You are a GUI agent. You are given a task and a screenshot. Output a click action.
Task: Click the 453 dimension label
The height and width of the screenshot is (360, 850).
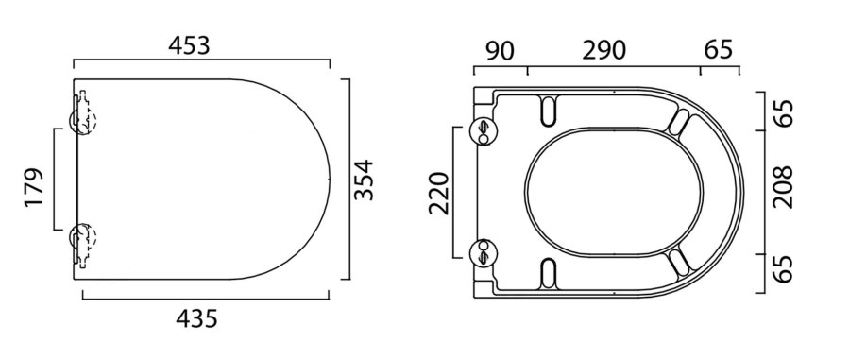(x=189, y=46)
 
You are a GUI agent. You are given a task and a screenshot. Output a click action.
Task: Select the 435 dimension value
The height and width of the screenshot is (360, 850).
(x=196, y=318)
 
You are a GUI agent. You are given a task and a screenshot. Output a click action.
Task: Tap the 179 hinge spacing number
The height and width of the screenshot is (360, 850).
(x=34, y=187)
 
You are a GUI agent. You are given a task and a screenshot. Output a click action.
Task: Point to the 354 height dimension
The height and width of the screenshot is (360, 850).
(x=364, y=180)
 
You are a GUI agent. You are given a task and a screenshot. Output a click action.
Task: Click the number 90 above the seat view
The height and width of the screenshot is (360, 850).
(x=500, y=50)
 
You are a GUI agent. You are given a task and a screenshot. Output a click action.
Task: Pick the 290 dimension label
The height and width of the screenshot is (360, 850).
(x=603, y=50)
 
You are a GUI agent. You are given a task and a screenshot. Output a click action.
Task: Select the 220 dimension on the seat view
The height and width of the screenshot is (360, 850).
(x=439, y=193)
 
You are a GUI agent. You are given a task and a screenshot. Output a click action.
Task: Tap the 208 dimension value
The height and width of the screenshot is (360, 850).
(x=783, y=187)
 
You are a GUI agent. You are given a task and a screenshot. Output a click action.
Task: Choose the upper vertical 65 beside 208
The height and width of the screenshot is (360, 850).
(x=783, y=112)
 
